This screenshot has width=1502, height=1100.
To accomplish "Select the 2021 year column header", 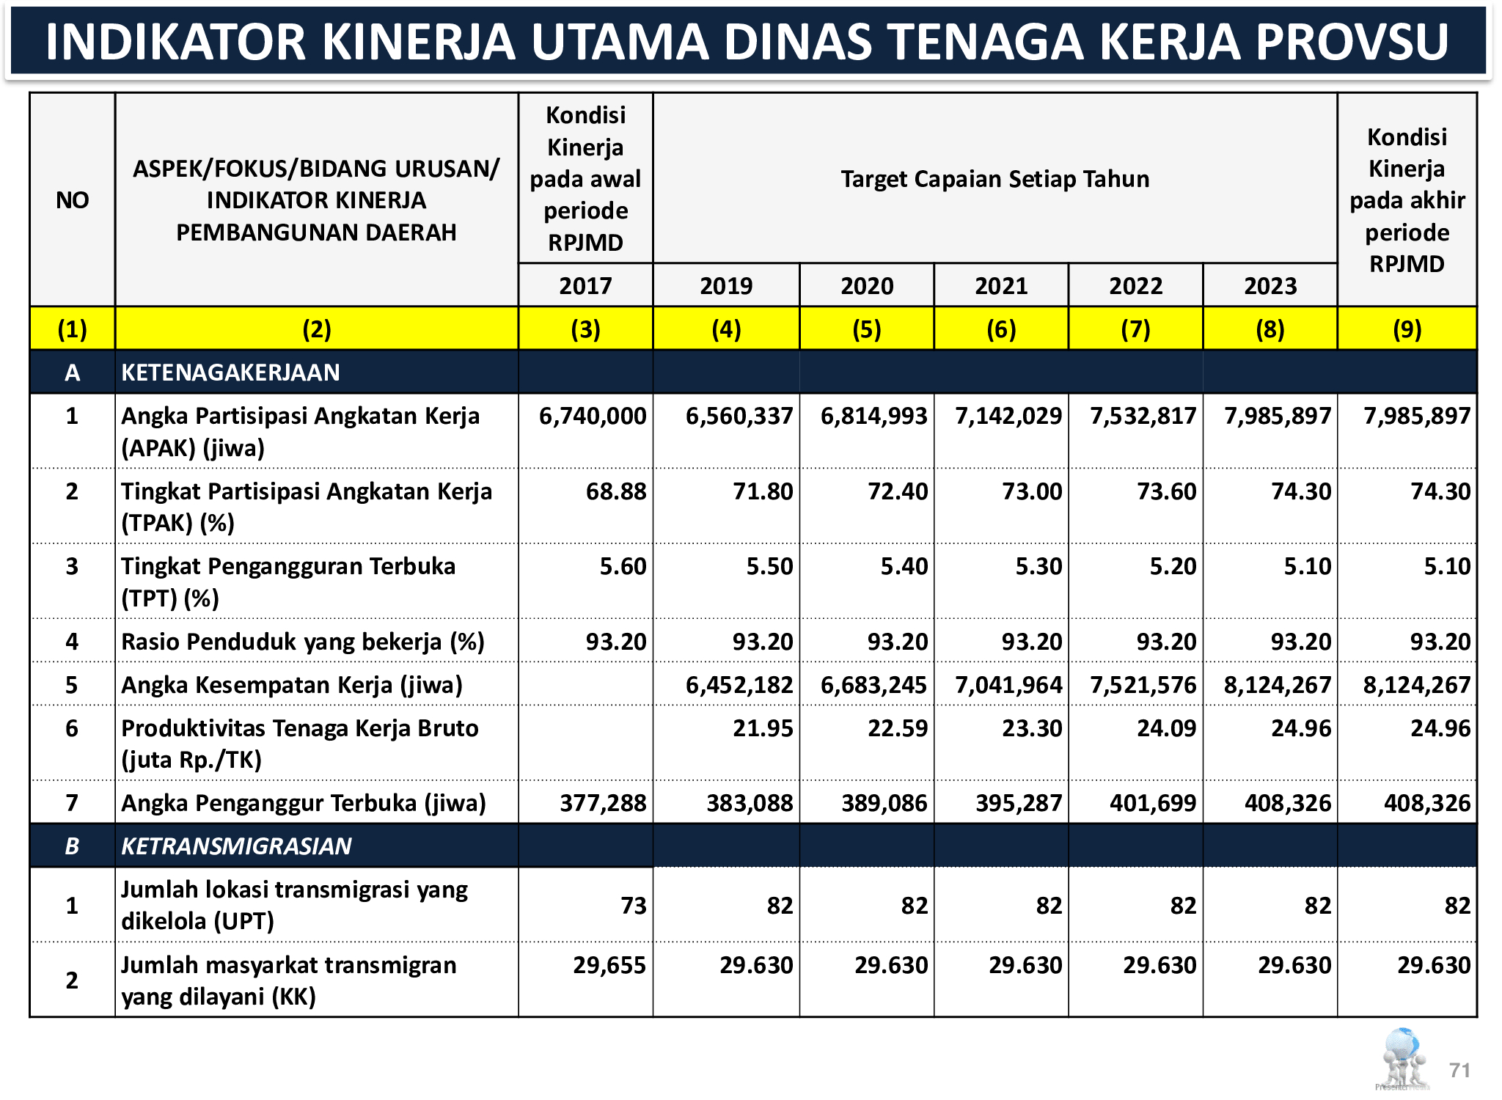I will click(1001, 285).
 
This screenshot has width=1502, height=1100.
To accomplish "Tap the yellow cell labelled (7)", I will click(1135, 329).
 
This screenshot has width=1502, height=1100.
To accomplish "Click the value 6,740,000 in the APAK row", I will click(593, 416).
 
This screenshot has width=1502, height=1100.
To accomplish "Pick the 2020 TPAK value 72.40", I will click(898, 491).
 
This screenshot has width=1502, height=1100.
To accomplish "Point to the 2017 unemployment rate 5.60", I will click(623, 566).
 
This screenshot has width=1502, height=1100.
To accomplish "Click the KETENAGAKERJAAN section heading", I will click(230, 373).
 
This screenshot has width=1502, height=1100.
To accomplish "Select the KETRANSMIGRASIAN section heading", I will click(236, 846).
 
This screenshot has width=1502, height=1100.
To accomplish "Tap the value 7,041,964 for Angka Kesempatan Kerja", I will click(1008, 685).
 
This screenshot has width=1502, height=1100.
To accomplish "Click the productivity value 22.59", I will click(898, 728).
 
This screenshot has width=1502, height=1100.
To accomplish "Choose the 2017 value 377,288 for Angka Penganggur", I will click(603, 803).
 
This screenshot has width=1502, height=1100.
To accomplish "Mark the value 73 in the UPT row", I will click(634, 906).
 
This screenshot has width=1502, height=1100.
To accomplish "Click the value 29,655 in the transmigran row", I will click(609, 965).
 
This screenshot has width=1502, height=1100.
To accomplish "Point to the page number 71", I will click(1459, 1070).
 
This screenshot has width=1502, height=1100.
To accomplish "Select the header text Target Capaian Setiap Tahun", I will click(994, 179).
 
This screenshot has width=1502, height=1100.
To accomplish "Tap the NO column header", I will click(72, 200).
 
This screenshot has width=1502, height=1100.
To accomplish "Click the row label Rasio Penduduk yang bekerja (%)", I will click(302, 642).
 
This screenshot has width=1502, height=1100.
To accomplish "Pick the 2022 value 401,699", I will click(1153, 803).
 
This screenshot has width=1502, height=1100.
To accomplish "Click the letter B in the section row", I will click(72, 846).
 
